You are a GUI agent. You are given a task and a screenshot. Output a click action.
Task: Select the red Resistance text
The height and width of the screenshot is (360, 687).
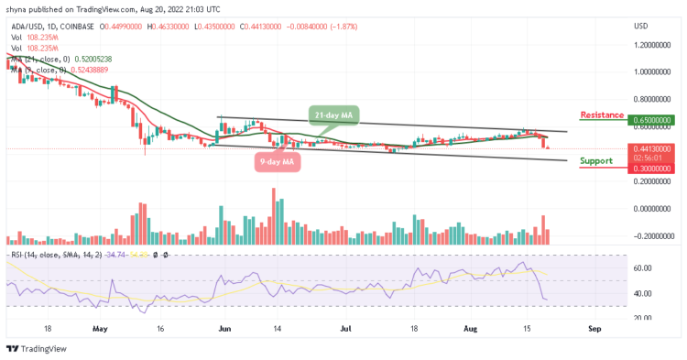click(x=601, y=115)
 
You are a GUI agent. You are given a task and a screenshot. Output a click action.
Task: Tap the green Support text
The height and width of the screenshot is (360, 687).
click(x=596, y=160)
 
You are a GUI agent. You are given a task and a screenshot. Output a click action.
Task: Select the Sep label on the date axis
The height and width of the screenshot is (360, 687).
click(x=593, y=326)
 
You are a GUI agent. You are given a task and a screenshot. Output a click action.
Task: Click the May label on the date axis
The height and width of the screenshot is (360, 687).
click(x=101, y=326)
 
